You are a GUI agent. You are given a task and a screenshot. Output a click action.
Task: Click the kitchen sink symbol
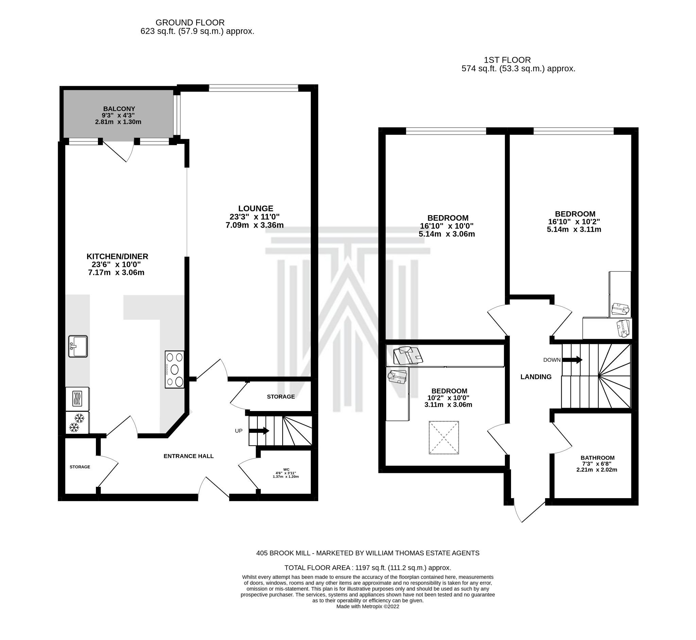[x=78, y=346]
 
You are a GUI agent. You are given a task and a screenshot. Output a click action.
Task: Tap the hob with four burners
[x=174, y=369]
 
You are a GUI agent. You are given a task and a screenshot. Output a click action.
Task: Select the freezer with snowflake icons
[x=77, y=423]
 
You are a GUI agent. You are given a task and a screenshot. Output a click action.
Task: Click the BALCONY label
[x=119, y=109]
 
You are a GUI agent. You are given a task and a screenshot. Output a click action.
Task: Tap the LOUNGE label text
[x=255, y=209]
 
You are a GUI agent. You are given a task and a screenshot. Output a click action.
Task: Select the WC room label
[x=286, y=470]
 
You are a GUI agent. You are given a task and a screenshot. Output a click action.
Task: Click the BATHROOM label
[x=597, y=458]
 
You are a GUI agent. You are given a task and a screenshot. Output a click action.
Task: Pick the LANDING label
[x=536, y=377]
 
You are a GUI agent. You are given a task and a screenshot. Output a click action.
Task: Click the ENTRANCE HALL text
[x=188, y=456]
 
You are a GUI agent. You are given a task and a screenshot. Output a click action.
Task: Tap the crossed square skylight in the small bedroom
[x=444, y=438]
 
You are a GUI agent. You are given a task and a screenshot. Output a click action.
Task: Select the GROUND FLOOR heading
[x=190, y=22]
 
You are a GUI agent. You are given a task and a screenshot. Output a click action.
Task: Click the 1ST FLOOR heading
[x=507, y=60]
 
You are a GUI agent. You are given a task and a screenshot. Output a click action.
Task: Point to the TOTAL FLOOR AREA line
[x=368, y=568]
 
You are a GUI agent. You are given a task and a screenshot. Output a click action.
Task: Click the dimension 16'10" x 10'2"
[x=574, y=221]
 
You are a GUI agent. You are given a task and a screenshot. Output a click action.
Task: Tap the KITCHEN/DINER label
[x=117, y=257]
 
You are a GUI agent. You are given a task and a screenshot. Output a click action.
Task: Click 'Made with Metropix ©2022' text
[x=368, y=606]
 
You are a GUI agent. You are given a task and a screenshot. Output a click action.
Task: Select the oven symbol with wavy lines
[x=77, y=399]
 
